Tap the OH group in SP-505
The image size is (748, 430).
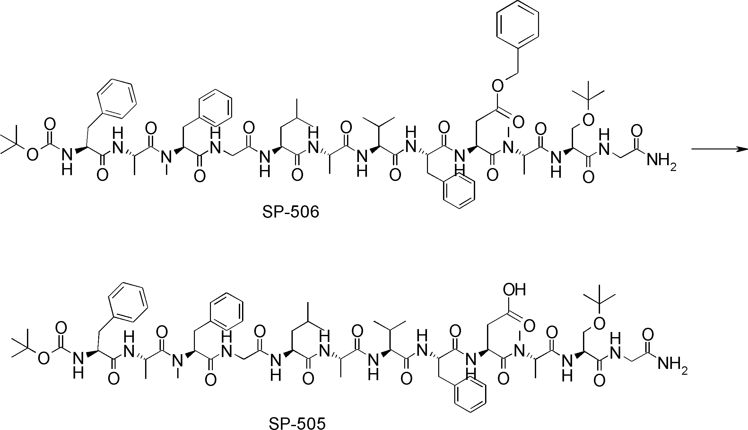pos(514,290)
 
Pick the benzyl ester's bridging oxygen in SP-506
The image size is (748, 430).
pos(497,86)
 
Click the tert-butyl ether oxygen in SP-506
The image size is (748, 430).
pos(588,120)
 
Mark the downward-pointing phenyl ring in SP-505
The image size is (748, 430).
pos(470,396)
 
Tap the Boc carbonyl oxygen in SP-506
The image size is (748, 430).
pos(50,124)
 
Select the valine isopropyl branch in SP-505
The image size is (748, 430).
pos(390,326)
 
